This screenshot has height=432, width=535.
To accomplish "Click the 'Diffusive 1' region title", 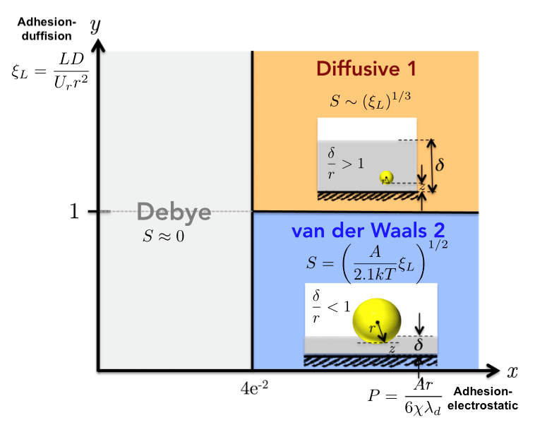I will (366, 69).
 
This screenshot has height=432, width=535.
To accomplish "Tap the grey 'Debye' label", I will (164, 211).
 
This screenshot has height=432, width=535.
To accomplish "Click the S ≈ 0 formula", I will (164, 236).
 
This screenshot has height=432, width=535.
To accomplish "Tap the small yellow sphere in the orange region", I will (385, 178).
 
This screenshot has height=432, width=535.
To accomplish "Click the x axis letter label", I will (512, 370).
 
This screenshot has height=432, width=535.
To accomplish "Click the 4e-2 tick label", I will (253, 388).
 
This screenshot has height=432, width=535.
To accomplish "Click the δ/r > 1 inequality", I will (343, 159).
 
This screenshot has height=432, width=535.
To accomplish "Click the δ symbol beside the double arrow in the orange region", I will (440, 165).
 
